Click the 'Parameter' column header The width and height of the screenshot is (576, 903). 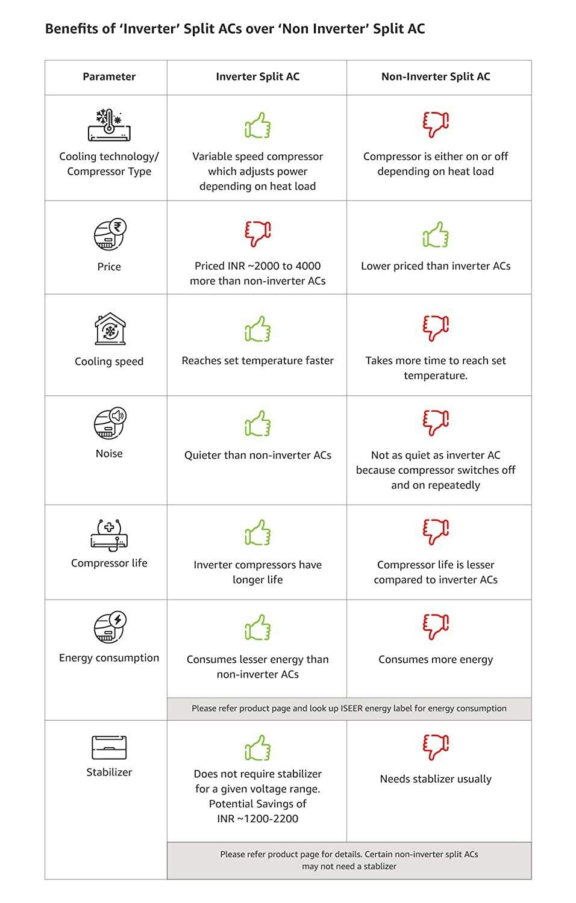(x=109, y=76)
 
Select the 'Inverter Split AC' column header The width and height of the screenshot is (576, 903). (x=257, y=76)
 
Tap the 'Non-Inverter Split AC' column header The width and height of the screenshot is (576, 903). (x=436, y=76)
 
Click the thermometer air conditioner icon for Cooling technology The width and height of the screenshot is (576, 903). (x=109, y=125)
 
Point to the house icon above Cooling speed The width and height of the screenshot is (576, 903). (x=110, y=329)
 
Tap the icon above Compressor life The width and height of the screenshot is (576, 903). (x=110, y=535)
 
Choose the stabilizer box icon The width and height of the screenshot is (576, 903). (x=109, y=748)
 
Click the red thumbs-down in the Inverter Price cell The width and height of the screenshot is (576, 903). (x=258, y=234)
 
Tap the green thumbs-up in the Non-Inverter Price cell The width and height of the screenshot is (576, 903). (x=436, y=235)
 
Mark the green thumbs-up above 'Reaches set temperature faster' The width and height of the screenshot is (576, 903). (x=258, y=329)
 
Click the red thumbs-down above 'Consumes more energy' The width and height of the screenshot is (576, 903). (x=436, y=627)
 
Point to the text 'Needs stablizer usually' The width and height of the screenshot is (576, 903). (x=436, y=779)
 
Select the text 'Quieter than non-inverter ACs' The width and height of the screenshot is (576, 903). (x=257, y=455)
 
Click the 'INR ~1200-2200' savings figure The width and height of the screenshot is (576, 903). (x=257, y=819)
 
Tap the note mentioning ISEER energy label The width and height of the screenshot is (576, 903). (x=349, y=709)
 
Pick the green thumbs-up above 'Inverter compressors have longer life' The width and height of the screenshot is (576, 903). (x=258, y=533)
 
